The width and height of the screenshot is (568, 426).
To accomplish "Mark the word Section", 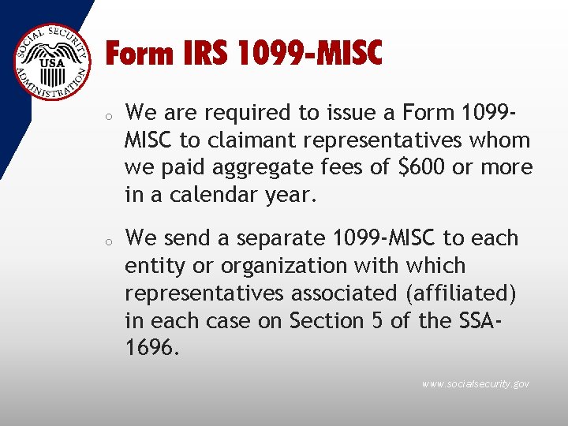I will pos(325,320).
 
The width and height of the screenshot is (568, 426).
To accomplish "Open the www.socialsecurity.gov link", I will pos(475,384).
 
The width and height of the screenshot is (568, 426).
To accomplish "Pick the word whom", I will pos(500,140).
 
